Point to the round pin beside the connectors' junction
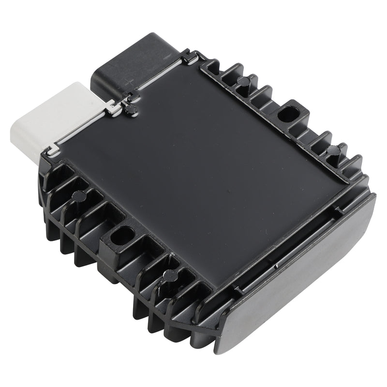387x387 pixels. pos(129,109)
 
